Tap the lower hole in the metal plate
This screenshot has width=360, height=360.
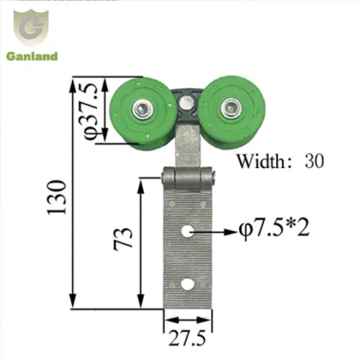pos(187,285)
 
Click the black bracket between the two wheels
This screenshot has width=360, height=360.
pos(187,103)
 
